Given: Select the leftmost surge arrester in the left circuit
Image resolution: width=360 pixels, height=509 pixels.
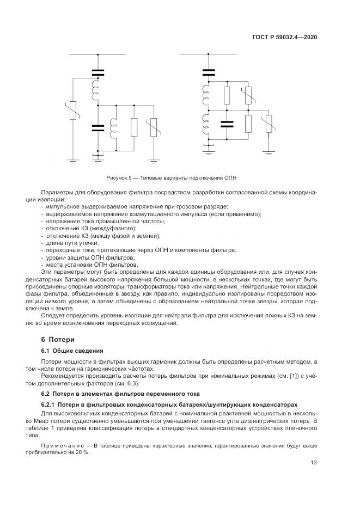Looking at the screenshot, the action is tap(74, 111).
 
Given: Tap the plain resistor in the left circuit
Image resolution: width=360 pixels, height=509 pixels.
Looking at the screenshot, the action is tap(134, 127).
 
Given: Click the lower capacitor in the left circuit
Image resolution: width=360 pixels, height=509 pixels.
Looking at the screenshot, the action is tap(97, 128).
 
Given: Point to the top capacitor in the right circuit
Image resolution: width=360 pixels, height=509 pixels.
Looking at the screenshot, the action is tap(209, 72).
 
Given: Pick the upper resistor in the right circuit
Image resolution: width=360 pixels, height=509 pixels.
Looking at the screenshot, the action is tap(227, 95).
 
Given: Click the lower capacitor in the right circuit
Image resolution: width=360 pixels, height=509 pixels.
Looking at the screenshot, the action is tap(227, 124).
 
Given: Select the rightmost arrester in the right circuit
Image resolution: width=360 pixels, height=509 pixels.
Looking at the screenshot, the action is tap(269, 124).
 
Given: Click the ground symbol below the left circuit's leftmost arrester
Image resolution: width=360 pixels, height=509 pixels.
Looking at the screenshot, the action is tap(74, 161).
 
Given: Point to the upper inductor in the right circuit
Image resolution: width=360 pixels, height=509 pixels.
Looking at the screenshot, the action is tap(206, 94).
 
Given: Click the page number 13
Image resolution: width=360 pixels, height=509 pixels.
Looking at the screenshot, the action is tap(314, 463).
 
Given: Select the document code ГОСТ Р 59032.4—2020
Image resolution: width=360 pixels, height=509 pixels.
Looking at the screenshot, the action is tap(285, 37).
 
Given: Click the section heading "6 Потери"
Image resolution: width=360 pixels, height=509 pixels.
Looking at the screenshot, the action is tap(58, 340).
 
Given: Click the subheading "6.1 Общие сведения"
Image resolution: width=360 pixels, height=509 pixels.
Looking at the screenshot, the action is tap(72, 351).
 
